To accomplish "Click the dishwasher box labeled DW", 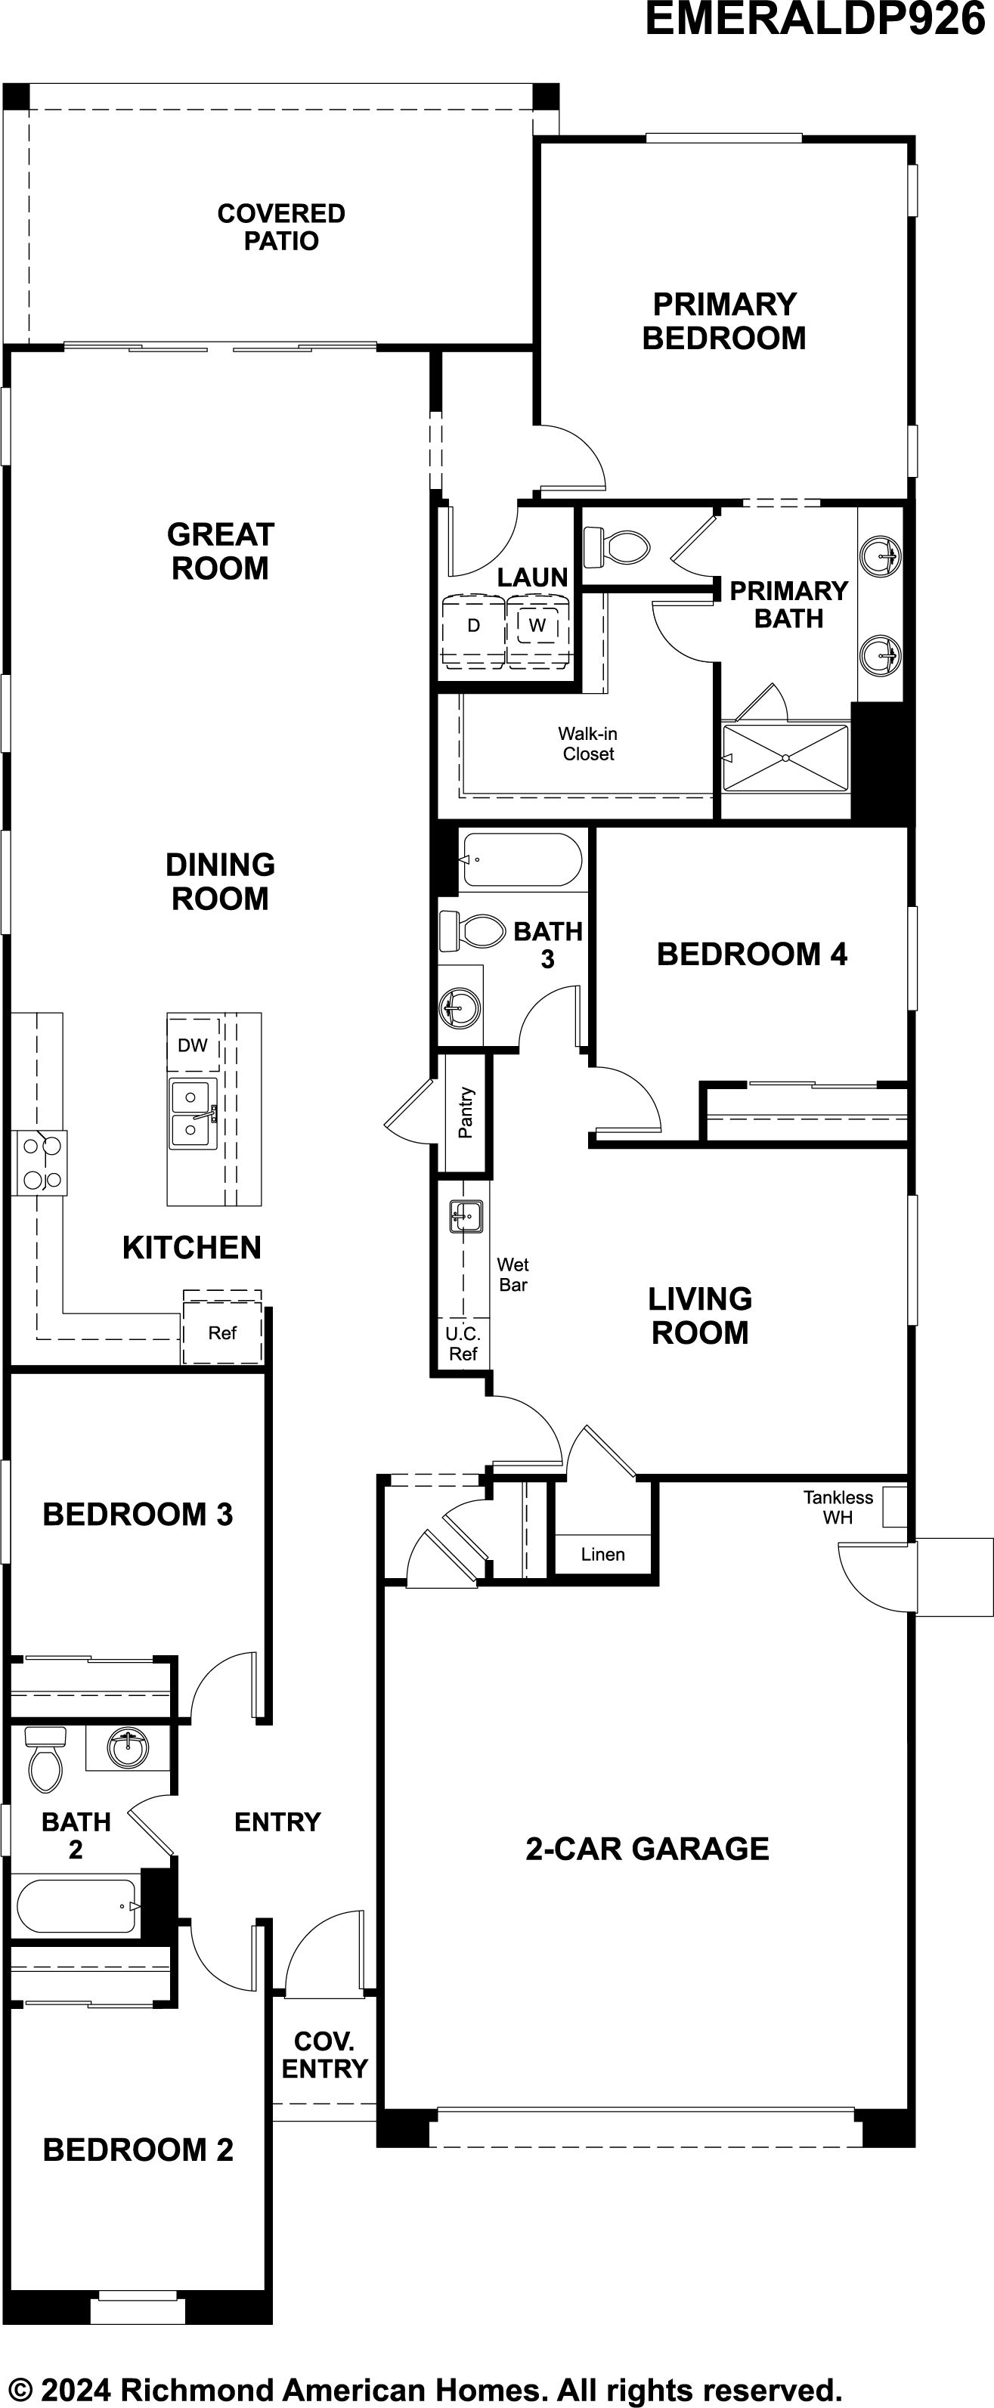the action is pyautogui.click(x=194, y=1045).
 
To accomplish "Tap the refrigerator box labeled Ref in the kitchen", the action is pyautogui.click(x=222, y=1332).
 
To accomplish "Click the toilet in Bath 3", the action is pyautogui.click(x=472, y=930).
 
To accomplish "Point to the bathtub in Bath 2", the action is pyautogui.click(x=78, y=1905).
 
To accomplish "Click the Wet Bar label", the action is pyautogui.click(x=513, y=1275).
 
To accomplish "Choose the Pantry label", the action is pyautogui.click(x=466, y=1113).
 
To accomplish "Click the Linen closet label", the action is pyautogui.click(x=603, y=1555).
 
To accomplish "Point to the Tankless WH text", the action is pyautogui.click(x=838, y=1508).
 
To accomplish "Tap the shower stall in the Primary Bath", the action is pyautogui.click(x=786, y=758).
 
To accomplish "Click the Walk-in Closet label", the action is pyautogui.click(x=588, y=744).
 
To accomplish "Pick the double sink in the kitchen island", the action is pyautogui.click(x=194, y=1113).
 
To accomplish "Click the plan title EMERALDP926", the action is pyautogui.click(x=816, y=19).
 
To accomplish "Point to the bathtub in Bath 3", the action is pyautogui.click(x=522, y=859).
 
